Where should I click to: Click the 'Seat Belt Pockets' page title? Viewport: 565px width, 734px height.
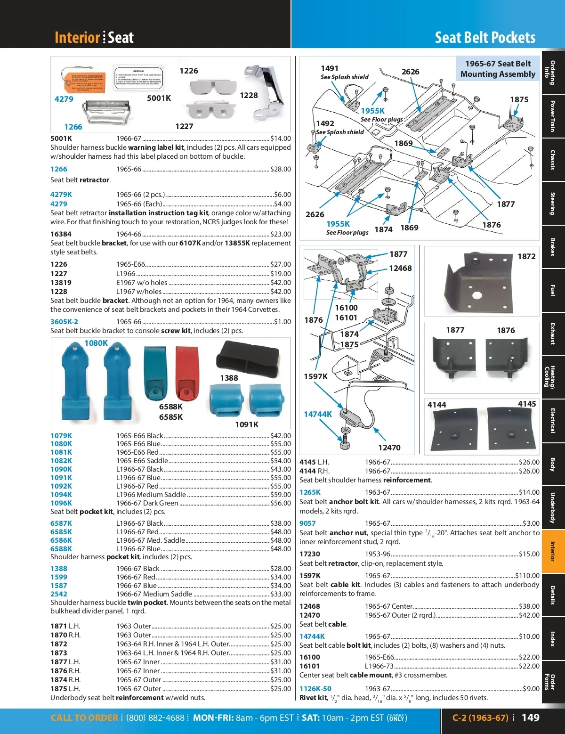[x=485, y=38]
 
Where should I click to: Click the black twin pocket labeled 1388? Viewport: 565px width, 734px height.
[x=244, y=357]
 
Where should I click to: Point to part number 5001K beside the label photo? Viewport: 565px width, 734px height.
[x=159, y=98]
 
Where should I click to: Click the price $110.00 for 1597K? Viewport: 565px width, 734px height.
[x=527, y=576]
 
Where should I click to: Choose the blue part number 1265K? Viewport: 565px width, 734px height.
[x=310, y=492]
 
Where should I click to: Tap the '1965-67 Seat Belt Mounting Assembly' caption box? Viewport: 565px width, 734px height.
[x=498, y=69]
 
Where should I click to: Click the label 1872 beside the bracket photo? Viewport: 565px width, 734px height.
[x=526, y=256]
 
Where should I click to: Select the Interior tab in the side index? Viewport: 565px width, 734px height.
[x=553, y=551]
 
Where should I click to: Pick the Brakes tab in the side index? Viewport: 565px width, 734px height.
[x=553, y=247]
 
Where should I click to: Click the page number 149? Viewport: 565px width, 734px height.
[x=530, y=718]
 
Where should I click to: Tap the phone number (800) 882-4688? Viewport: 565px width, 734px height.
[x=155, y=718]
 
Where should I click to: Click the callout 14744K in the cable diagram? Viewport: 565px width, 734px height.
[x=318, y=414]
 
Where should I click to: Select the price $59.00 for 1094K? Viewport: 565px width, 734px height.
[x=281, y=495]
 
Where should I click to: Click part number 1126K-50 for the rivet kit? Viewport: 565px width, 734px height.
[x=315, y=689]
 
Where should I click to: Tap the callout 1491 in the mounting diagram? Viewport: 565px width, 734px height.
[x=330, y=68]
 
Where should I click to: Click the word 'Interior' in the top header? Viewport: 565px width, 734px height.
[x=78, y=38]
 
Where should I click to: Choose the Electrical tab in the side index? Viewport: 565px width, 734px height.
[x=553, y=420]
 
